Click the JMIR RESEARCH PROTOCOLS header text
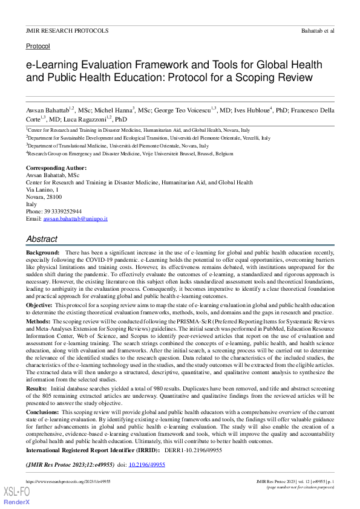click(x=67, y=30)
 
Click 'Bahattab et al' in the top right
click(x=318, y=30)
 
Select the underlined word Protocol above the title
click(x=38, y=46)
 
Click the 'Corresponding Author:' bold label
click(x=56, y=167)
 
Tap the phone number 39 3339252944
click(x=63, y=212)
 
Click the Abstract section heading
click(x=42, y=239)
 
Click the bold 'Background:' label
click(x=42, y=251)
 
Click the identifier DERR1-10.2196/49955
click(x=194, y=450)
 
